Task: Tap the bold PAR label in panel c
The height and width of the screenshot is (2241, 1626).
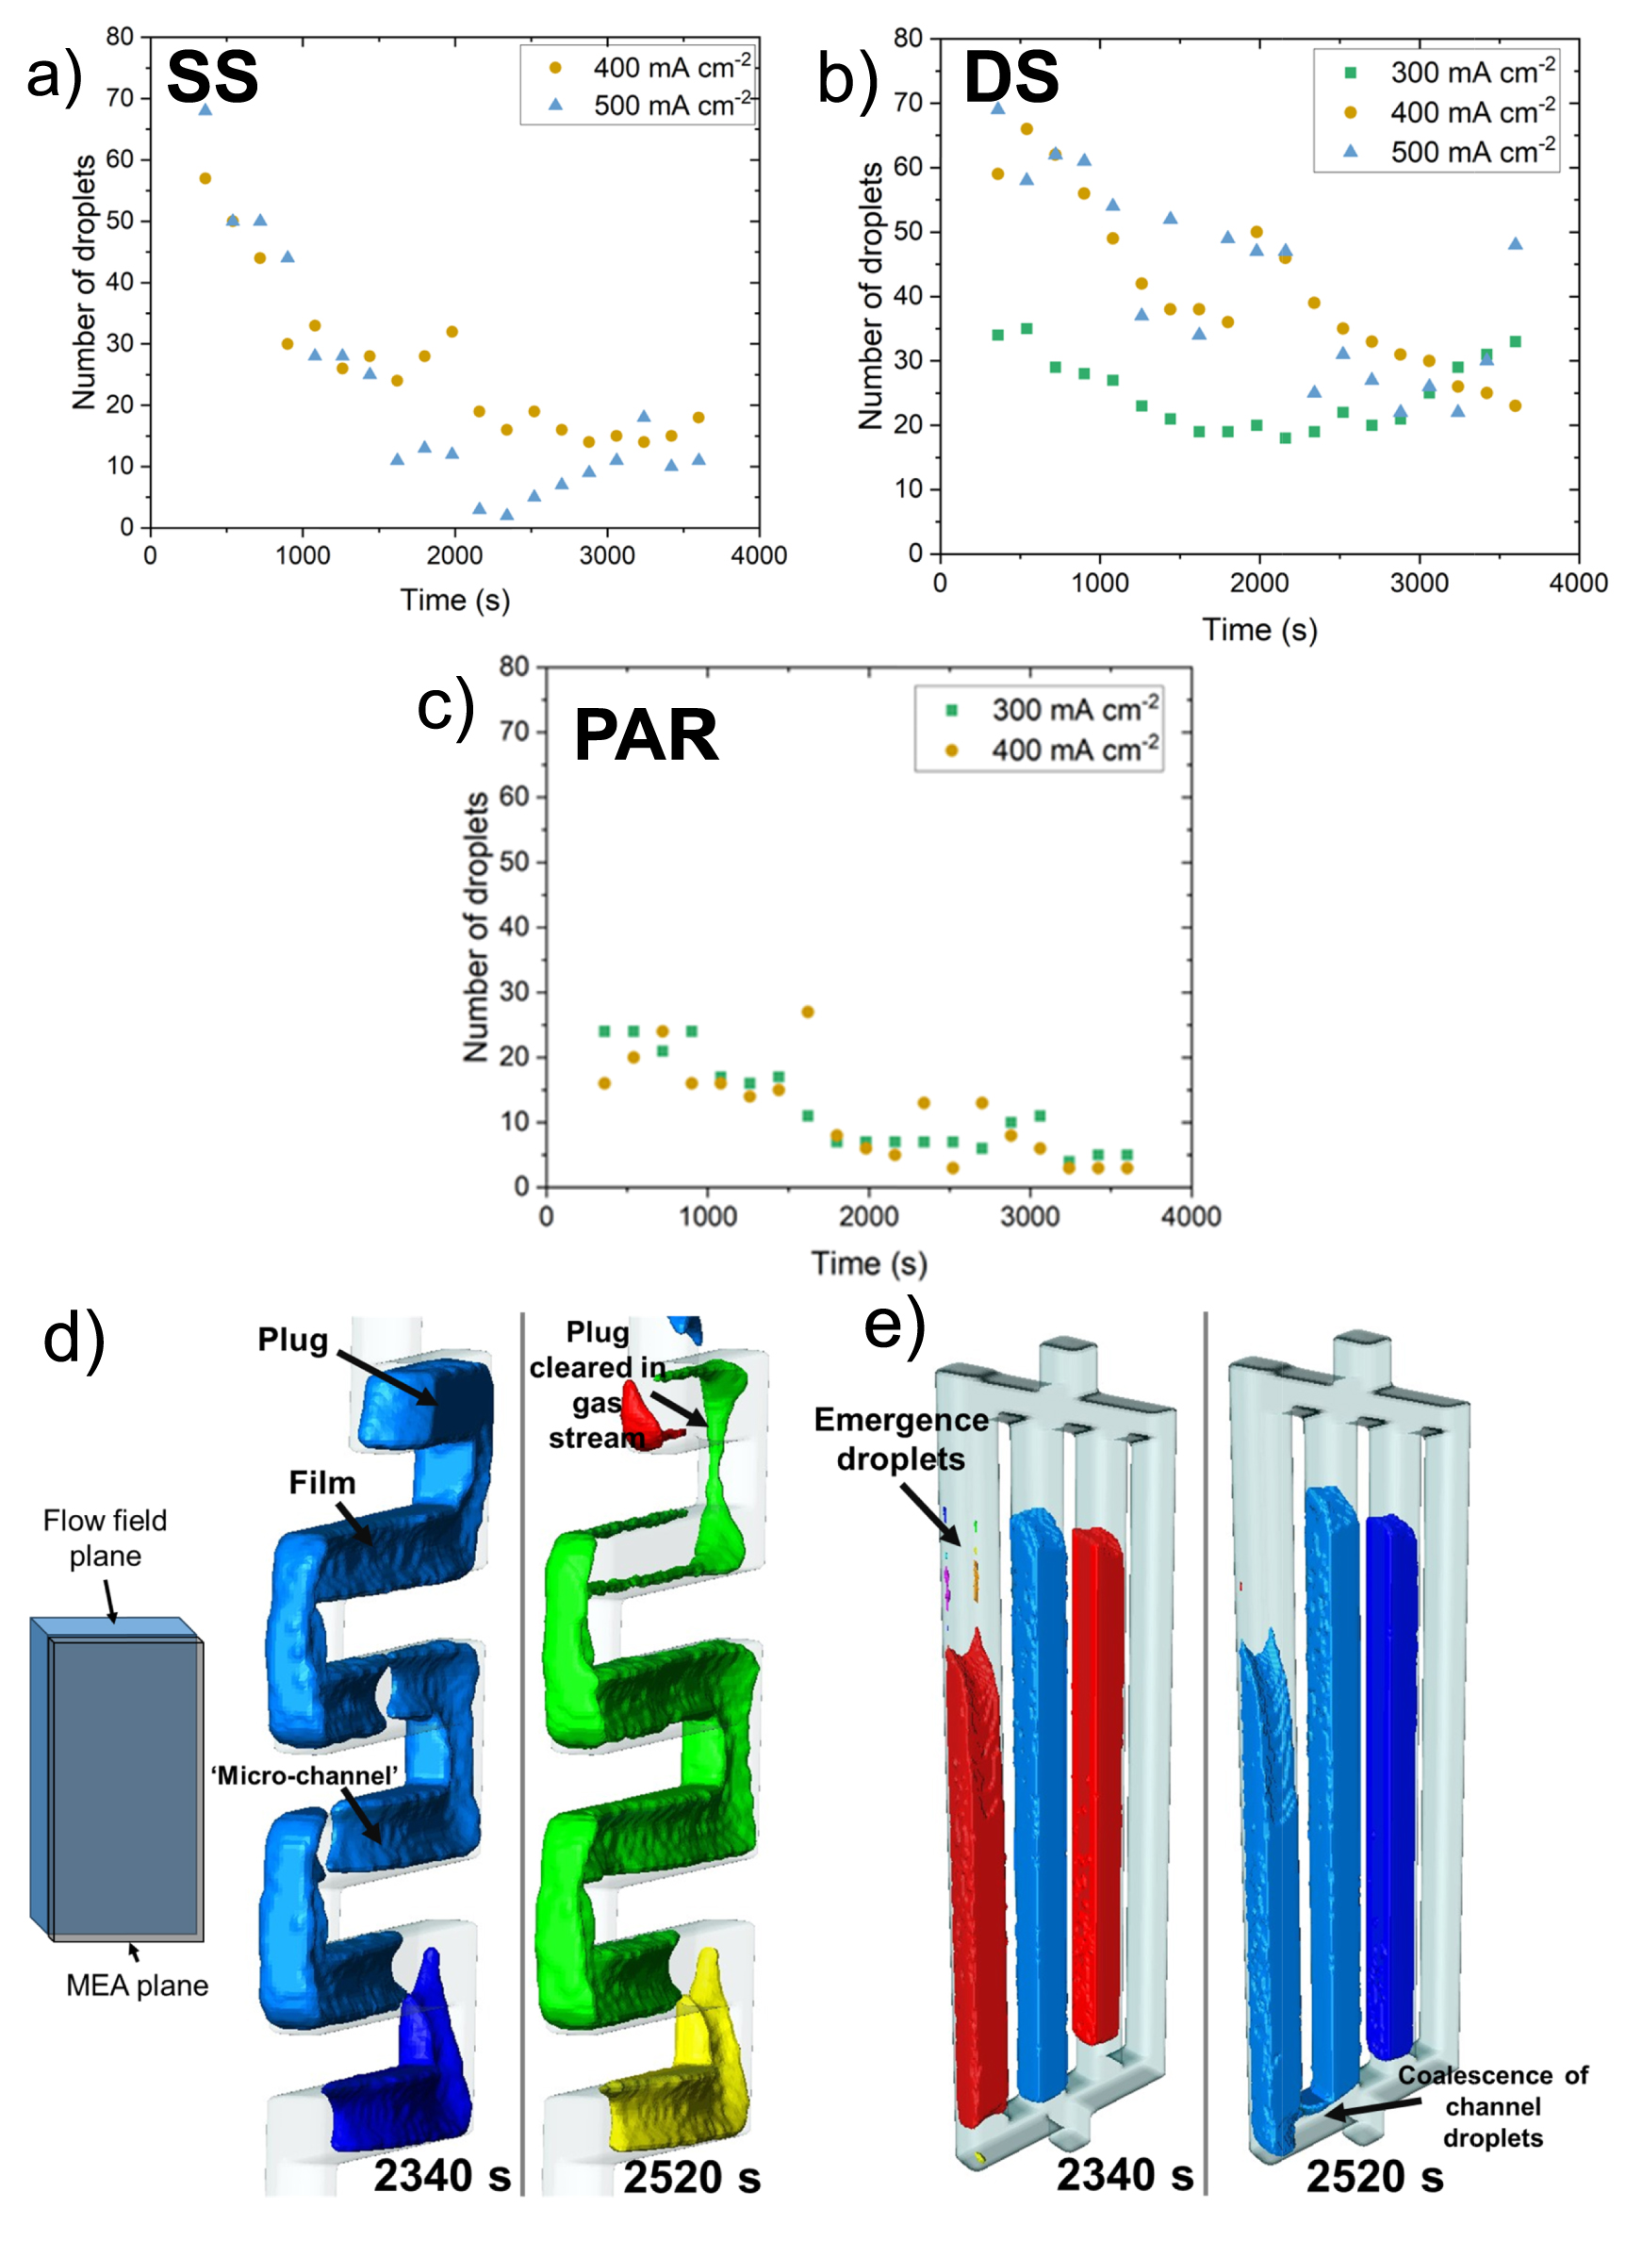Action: pyautogui.click(x=645, y=736)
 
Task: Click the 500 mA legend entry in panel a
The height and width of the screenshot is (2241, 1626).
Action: pyautogui.click(x=652, y=105)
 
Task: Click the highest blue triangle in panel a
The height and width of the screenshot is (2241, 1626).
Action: pyautogui.click(x=205, y=108)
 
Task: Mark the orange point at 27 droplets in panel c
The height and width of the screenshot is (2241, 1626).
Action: pyautogui.click(x=807, y=1012)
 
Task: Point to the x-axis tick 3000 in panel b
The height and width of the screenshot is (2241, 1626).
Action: pyautogui.click(x=1419, y=583)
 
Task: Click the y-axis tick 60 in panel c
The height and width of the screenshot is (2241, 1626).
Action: pyautogui.click(x=514, y=797)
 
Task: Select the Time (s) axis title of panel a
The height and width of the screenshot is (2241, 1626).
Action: pyautogui.click(x=454, y=600)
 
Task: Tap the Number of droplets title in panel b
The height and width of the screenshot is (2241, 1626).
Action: pyautogui.click(x=870, y=296)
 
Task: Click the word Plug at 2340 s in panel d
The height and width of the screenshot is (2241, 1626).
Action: pyautogui.click(x=292, y=1340)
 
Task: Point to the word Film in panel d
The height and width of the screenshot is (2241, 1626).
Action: pyautogui.click(x=321, y=1482)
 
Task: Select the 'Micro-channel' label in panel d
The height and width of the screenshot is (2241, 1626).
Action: pyautogui.click(x=304, y=1775)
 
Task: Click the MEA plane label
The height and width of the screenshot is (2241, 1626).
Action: pyautogui.click(x=137, y=1986)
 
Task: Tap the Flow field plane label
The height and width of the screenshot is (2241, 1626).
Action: pyautogui.click(x=105, y=1538)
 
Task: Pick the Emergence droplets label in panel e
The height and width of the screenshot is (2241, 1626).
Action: pyautogui.click(x=900, y=1439)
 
